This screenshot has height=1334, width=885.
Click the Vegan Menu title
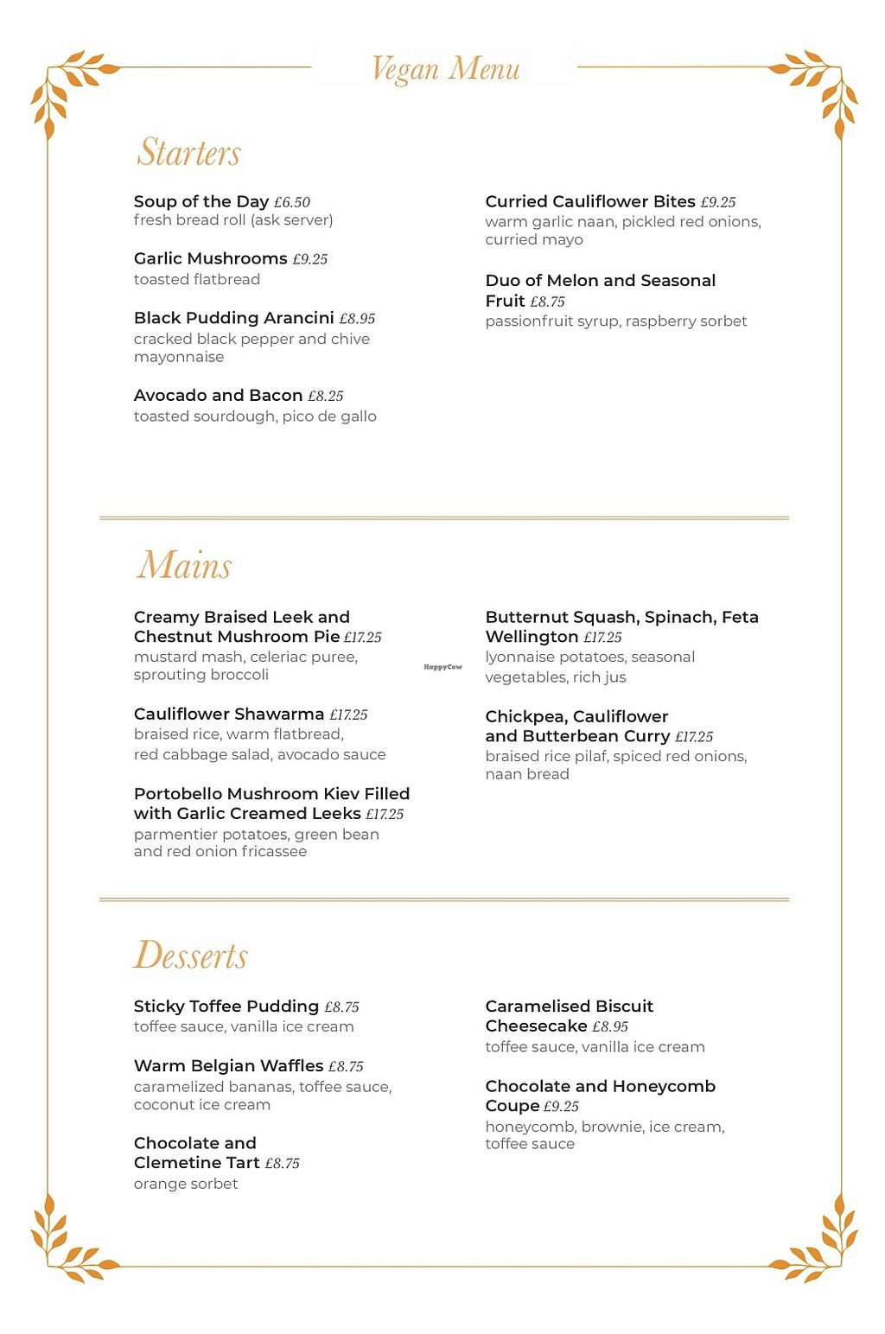(445, 68)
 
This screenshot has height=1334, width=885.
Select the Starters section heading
(188, 152)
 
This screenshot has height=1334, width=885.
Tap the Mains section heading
(184, 565)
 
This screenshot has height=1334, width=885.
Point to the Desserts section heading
(190, 955)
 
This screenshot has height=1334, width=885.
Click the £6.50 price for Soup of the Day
(292, 202)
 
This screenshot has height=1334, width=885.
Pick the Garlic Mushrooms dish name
(210, 258)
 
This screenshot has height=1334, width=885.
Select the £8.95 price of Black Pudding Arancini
(357, 319)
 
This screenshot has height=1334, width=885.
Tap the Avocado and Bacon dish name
(218, 396)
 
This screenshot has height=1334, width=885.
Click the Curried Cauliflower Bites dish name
(589, 201)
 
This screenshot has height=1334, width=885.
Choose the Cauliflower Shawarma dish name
(228, 715)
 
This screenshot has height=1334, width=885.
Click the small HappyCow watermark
(442, 667)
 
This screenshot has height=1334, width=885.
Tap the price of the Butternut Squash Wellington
(602, 638)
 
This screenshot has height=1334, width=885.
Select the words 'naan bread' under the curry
(527, 774)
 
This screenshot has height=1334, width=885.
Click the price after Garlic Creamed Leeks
(385, 814)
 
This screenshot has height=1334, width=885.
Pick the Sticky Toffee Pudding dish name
(226, 1007)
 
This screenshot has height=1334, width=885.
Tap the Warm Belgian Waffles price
(346, 1067)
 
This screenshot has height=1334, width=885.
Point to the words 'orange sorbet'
(186, 1184)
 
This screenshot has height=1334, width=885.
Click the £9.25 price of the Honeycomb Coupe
(561, 1107)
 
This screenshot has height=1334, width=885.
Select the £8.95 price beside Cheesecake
(610, 1026)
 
